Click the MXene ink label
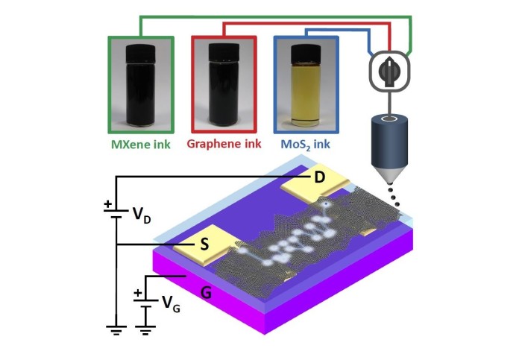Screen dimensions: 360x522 click(x=141, y=143)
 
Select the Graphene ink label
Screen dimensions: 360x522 click(x=224, y=143)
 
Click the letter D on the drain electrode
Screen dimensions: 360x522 click(x=319, y=177)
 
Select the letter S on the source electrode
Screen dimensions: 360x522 click(x=202, y=243)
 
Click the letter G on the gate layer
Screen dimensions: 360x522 click(x=207, y=292)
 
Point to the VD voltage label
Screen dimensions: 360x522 click(x=142, y=216)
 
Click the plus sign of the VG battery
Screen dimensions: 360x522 click(x=138, y=293)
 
